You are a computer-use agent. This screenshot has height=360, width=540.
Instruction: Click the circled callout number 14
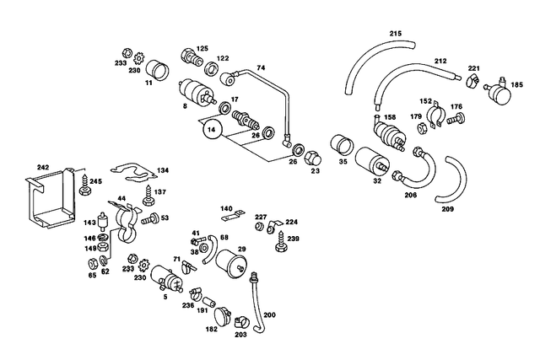point(212,129)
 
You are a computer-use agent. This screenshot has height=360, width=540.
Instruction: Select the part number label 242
point(44,167)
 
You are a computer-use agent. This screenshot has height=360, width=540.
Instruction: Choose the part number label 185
point(516,84)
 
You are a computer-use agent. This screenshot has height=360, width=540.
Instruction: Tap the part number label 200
point(270,314)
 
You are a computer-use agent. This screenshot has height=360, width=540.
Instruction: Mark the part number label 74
point(261,67)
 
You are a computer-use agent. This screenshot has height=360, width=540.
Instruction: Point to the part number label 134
point(161,169)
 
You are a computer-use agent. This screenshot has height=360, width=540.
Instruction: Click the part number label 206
point(410,195)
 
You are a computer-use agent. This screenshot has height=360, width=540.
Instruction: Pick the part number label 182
point(211,330)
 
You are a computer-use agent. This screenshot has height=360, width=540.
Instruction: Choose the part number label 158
point(390,117)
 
